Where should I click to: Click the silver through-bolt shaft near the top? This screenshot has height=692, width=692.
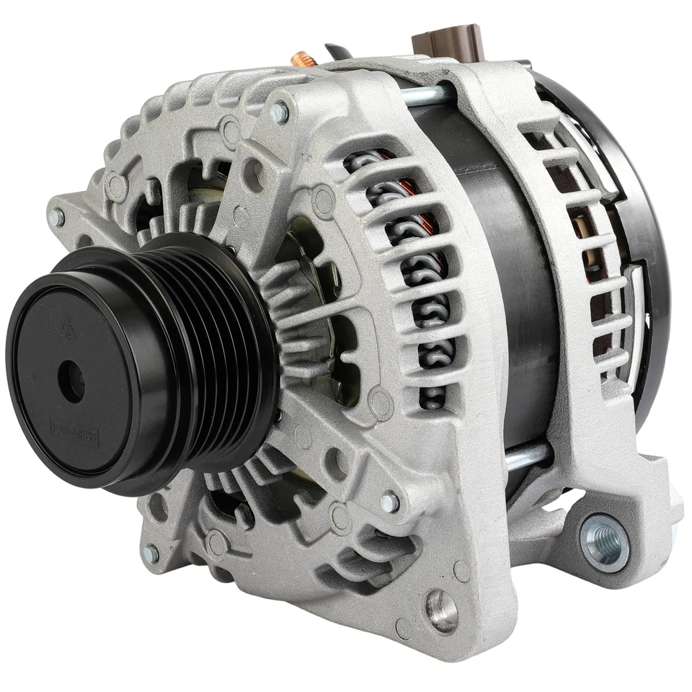(425, 94)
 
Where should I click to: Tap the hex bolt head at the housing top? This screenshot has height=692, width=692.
(279, 112)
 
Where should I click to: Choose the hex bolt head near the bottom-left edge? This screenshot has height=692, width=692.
(151, 554)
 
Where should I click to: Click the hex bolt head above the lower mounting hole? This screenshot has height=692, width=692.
(389, 502)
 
